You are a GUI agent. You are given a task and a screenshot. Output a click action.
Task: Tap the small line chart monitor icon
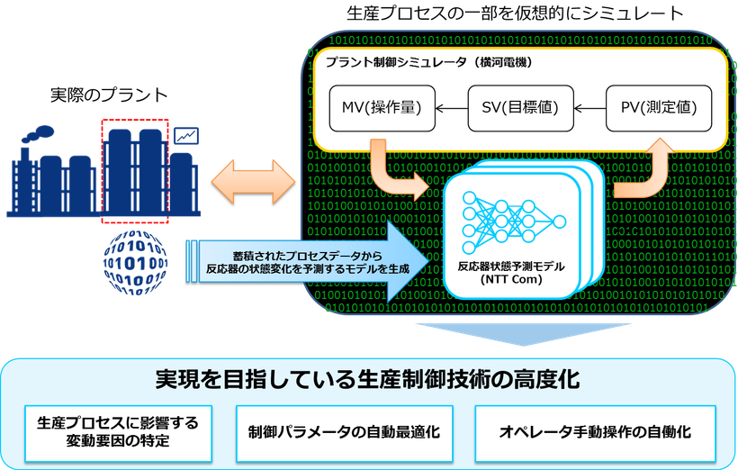coord(188,137)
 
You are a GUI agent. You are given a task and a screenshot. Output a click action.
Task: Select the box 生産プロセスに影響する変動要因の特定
coord(117,431)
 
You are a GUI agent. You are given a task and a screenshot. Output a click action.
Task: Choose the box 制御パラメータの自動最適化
coord(344,431)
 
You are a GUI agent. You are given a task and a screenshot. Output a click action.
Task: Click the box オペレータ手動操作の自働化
coord(595,431)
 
